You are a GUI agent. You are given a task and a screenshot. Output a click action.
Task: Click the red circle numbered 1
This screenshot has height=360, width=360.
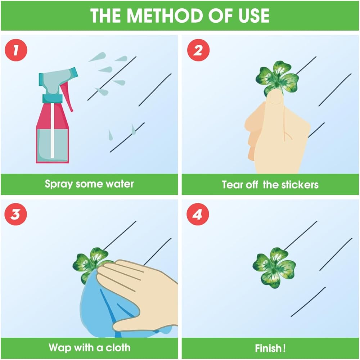(x=16, y=50)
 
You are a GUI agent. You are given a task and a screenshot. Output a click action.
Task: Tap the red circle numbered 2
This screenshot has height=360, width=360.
(x=198, y=50)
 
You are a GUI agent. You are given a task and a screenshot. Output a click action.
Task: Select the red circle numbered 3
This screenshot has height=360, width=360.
(x=15, y=214)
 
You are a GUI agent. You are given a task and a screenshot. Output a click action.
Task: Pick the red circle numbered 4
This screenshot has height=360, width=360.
(x=198, y=214)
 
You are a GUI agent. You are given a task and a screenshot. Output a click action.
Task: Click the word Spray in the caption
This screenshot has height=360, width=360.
(x=59, y=184)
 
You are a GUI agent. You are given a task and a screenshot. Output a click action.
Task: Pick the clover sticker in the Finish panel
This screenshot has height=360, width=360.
(x=274, y=267)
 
